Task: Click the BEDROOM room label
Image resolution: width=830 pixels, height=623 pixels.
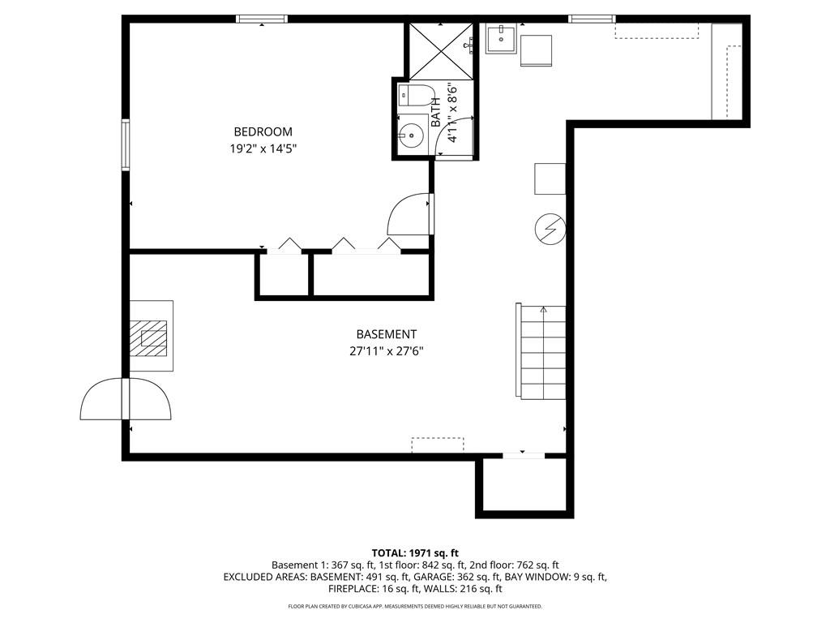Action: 263,131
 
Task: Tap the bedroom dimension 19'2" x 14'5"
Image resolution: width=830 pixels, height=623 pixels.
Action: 263,149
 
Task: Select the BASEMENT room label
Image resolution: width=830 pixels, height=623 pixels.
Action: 386,334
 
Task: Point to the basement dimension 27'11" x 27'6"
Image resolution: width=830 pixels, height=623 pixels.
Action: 386,351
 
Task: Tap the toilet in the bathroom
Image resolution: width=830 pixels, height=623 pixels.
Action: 415,96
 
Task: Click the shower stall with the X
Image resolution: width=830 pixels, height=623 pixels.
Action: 439,49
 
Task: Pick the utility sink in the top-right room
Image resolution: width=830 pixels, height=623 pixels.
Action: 501,38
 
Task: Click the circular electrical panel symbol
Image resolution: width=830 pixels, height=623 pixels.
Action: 549,230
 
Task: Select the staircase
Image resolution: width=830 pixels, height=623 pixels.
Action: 541,351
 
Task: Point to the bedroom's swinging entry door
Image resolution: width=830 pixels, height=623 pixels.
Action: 411,215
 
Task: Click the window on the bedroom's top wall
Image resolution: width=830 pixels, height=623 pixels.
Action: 262,19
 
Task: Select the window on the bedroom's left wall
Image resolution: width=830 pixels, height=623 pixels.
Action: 126,144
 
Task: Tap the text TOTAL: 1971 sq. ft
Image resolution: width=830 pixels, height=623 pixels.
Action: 414,552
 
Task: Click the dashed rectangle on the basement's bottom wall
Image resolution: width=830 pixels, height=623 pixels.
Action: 437,445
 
